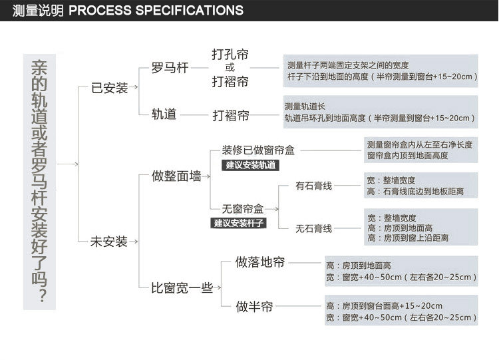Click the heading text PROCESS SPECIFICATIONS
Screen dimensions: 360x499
tap(156, 11)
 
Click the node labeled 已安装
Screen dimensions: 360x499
tap(109, 87)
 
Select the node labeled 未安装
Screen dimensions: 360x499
tap(109, 242)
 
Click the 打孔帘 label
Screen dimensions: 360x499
tap(230, 54)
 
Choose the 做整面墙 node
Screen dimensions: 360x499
tap(176, 176)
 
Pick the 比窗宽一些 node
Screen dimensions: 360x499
tap(182, 287)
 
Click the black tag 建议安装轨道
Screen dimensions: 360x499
tap(249, 165)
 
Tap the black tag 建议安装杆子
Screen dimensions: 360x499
tap(239, 222)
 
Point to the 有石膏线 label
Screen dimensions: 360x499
tap(314, 186)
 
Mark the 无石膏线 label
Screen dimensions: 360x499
tap(314, 228)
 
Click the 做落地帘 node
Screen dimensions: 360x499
tap(260, 262)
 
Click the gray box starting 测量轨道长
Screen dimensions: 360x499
tap(379, 112)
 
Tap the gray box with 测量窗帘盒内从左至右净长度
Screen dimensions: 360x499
tap(420, 150)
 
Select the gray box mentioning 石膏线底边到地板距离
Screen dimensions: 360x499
tap(420, 186)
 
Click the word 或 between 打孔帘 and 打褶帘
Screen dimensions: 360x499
tap(230, 67)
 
